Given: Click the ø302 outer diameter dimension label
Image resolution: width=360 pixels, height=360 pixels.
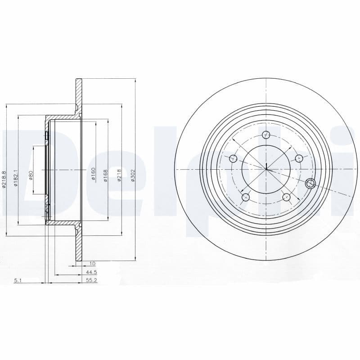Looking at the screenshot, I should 133,175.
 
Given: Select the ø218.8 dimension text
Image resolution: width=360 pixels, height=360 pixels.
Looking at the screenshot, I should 4,180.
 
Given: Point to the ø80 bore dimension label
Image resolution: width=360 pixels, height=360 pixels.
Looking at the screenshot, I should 31,175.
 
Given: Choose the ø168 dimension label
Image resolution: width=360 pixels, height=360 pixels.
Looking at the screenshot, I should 106,175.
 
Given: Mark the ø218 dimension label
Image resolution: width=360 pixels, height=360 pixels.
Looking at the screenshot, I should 119,175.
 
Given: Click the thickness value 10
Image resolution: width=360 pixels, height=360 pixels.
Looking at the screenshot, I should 93,263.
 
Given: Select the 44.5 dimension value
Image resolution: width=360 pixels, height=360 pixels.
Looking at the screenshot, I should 92,272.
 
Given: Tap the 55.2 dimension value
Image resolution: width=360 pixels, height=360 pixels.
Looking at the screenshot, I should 92,280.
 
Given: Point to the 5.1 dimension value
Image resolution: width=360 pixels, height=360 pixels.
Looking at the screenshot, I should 18,280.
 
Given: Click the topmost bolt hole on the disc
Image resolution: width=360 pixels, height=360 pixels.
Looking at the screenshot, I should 266,135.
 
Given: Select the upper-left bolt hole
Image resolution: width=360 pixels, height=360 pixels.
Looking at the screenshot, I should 233,158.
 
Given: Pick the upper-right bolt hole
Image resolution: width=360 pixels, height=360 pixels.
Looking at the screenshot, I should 299,158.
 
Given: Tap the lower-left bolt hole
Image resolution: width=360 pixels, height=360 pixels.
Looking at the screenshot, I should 246,197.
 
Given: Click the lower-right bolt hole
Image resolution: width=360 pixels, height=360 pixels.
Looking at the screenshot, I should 286,197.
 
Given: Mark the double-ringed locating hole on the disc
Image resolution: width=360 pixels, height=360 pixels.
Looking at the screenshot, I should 310,183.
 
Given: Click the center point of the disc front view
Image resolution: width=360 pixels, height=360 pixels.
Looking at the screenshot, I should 266,169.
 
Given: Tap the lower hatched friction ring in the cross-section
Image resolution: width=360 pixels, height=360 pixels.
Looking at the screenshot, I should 79,243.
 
